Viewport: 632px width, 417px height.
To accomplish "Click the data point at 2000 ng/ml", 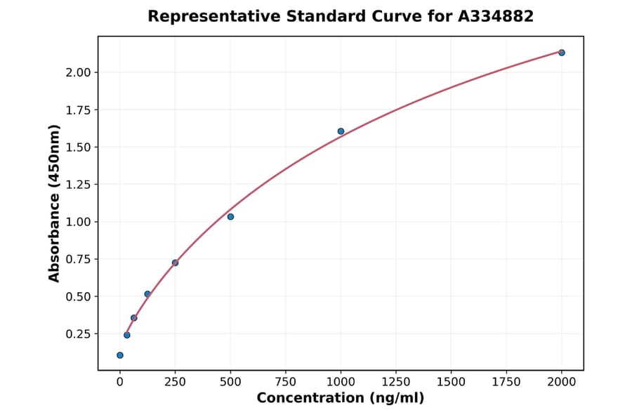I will point(561,53).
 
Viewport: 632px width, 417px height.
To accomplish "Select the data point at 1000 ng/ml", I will point(341,131).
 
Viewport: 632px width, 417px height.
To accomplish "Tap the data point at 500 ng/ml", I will point(230,217).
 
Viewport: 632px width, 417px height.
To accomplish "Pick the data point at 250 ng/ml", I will point(175,263).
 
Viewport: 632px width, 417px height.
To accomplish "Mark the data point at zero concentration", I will point(120,355).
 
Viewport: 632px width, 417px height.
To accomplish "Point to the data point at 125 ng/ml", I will point(147,294).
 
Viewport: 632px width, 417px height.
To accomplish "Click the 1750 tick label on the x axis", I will point(506,382).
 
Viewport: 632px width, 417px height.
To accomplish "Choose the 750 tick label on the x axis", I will point(286,382).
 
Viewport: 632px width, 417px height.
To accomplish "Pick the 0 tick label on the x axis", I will point(120,382).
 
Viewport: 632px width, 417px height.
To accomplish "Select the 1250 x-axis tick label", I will point(396,382).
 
